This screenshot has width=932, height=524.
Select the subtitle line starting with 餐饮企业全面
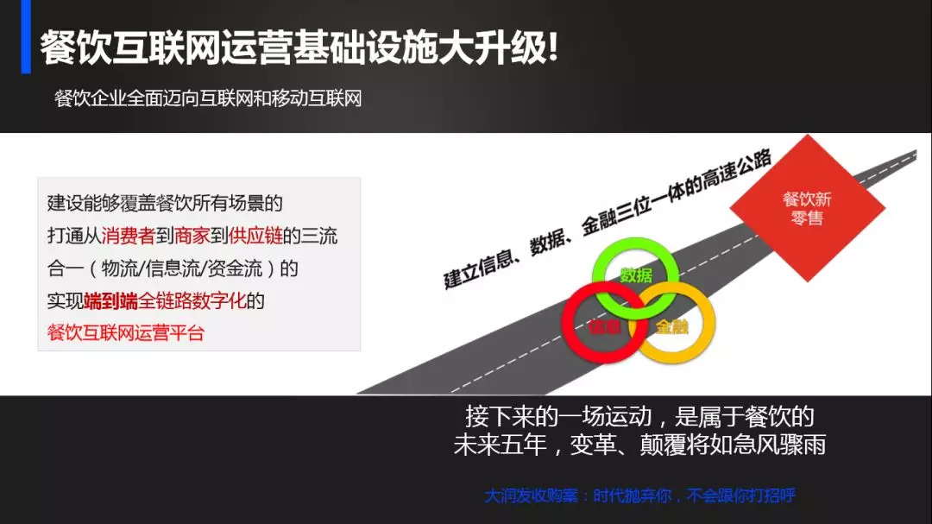pos(207,98)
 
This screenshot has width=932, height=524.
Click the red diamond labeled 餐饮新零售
pos(807,208)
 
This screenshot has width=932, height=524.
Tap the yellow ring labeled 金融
pos(673,326)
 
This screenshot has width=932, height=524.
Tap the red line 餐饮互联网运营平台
pos(126,332)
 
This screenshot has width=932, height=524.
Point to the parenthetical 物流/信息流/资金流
pos(190,268)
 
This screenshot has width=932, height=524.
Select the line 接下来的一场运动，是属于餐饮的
pos(639,417)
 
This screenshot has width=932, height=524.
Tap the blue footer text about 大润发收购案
pos(639,496)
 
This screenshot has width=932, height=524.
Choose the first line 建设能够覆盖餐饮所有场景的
pos(165,204)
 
